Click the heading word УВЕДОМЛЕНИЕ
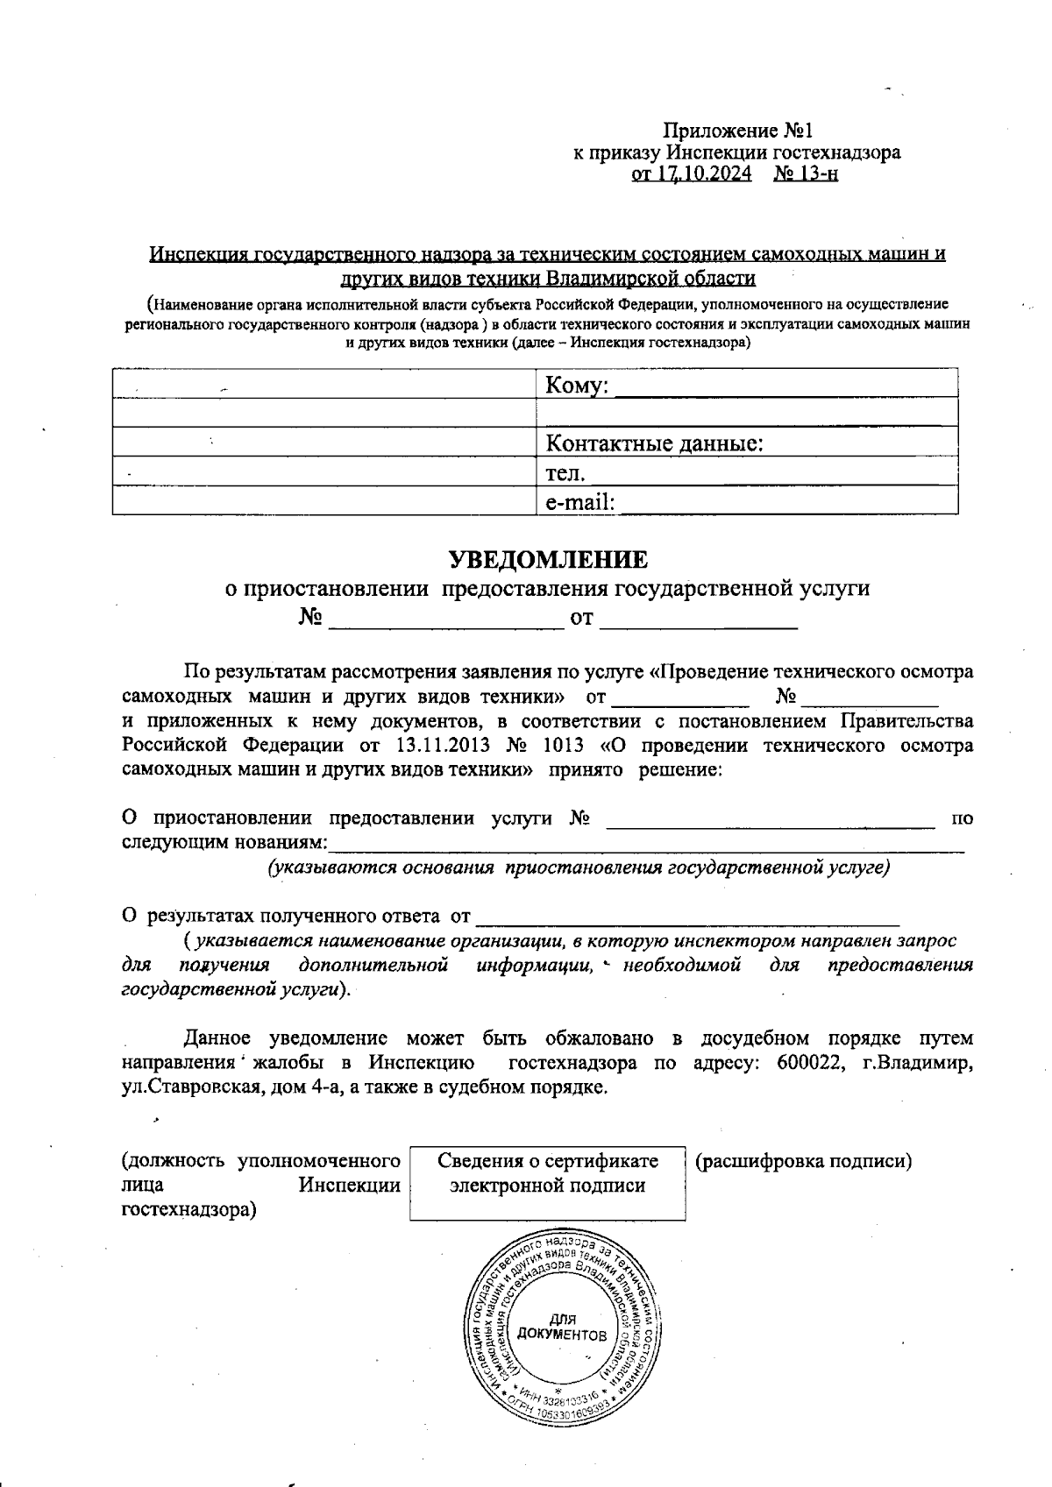click(549, 559)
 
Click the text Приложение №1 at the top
click(737, 131)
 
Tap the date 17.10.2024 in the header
click(707, 173)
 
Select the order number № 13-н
click(806, 173)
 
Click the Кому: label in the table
click(576, 386)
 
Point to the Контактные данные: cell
click(654, 443)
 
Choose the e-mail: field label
click(579, 502)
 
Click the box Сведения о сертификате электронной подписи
click(547, 1173)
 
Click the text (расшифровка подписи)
click(803, 1161)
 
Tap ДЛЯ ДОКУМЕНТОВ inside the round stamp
click(562, 1328)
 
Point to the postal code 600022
click(807, 1063)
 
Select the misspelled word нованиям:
click(279, 843)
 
